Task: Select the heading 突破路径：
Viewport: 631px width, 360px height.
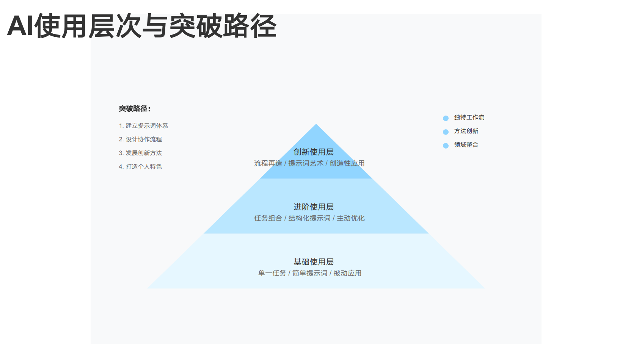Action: tap(135, 109)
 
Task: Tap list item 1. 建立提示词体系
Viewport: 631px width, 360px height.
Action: tap(143, 126)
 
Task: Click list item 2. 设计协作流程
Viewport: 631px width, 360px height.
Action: tap(140, 139)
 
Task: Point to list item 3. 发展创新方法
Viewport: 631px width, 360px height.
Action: tap(140, 153)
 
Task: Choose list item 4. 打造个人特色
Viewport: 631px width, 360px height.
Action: tap(140, 167)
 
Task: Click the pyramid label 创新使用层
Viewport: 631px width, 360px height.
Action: tap(314, 152)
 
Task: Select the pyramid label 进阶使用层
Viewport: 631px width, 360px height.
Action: tap(314, 207)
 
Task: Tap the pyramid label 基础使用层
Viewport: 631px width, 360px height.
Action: tap(314, 262)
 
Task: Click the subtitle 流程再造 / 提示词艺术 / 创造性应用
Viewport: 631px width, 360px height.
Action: tap(309, 163)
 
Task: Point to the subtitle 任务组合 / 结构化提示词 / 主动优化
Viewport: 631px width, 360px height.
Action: tap(309, 218)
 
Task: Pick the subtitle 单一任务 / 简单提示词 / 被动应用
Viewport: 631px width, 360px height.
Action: tap(310, 273)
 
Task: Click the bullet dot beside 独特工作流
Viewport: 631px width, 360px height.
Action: tap(446, 118)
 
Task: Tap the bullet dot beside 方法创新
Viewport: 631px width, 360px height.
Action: tap(446, 132)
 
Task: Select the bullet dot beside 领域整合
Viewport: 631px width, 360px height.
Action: tap(446, 146)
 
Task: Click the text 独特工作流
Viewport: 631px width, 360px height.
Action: tap(469, 117)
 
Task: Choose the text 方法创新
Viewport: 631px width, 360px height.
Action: tap(466, 131)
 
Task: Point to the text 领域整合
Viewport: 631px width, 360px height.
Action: tap(466, 145)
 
